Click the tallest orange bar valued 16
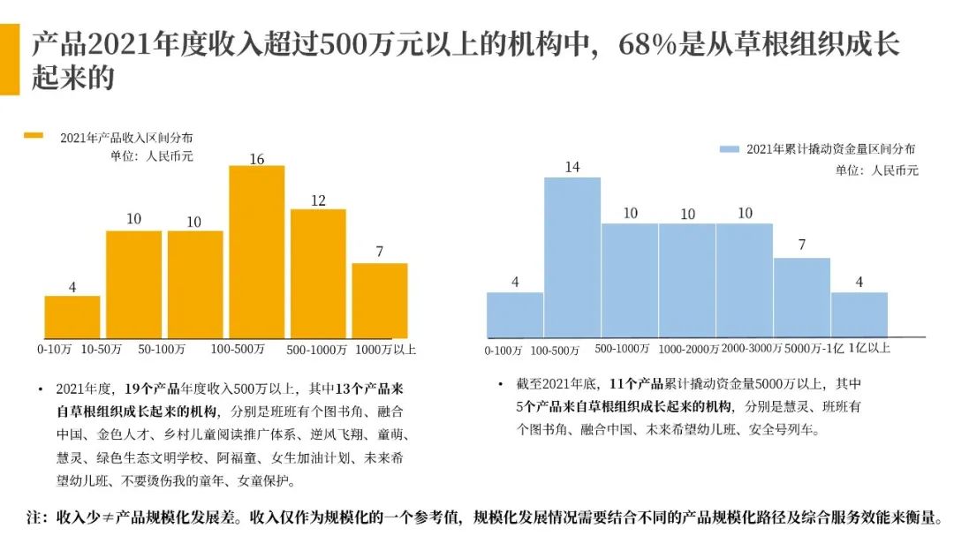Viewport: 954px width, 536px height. point(257,252)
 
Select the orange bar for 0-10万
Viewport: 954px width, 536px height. point(72,317)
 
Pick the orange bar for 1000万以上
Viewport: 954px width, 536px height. point(380,300)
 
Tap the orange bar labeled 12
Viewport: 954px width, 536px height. point(318,274)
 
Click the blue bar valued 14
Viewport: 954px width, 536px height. point(572,257)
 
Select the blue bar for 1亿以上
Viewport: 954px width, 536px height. point(859,314)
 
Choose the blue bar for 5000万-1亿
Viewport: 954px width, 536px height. point(802,297)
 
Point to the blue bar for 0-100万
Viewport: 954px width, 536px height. point(515,314)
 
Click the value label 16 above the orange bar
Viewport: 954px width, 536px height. point(257,160)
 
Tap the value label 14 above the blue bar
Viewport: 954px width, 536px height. point(572,167)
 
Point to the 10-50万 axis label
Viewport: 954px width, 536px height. point(102,349)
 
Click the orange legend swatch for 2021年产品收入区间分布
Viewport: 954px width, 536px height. point(34,136)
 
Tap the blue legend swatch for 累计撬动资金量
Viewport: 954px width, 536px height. point(729,150)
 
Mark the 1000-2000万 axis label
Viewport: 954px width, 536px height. point(689,350)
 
